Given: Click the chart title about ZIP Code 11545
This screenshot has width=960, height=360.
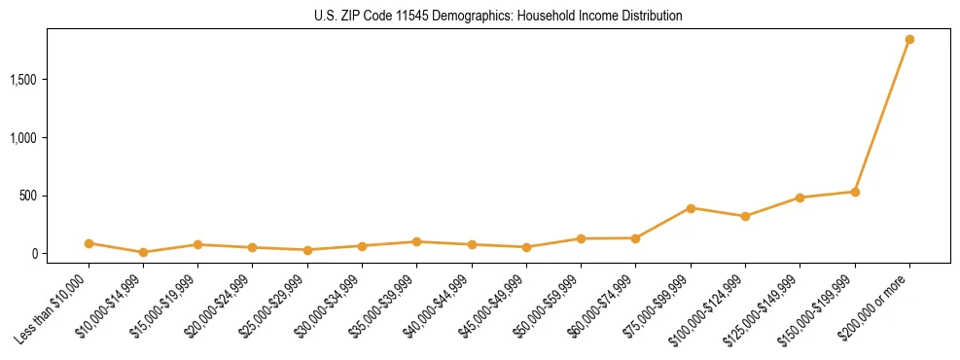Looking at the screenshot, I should point(499,17).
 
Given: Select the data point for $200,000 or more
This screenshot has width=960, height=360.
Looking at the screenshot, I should point(909,40).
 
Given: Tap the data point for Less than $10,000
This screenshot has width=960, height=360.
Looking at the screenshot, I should point(89,243).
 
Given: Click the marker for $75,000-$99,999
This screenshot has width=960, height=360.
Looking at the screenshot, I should point(691,208).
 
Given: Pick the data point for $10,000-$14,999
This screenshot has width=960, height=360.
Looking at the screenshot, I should point(143,252).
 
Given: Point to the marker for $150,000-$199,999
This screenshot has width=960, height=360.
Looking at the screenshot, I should point(855,192).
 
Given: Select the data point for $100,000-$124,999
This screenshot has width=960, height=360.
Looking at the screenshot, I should point(745,216).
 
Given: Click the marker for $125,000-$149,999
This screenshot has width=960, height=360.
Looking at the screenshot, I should point(800,198).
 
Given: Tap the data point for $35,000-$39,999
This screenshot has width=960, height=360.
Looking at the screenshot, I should point(416,241).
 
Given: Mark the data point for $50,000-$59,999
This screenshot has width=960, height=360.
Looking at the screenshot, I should point(581,238).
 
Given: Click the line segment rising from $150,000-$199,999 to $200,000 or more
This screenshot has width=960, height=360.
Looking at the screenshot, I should point(882,116).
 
